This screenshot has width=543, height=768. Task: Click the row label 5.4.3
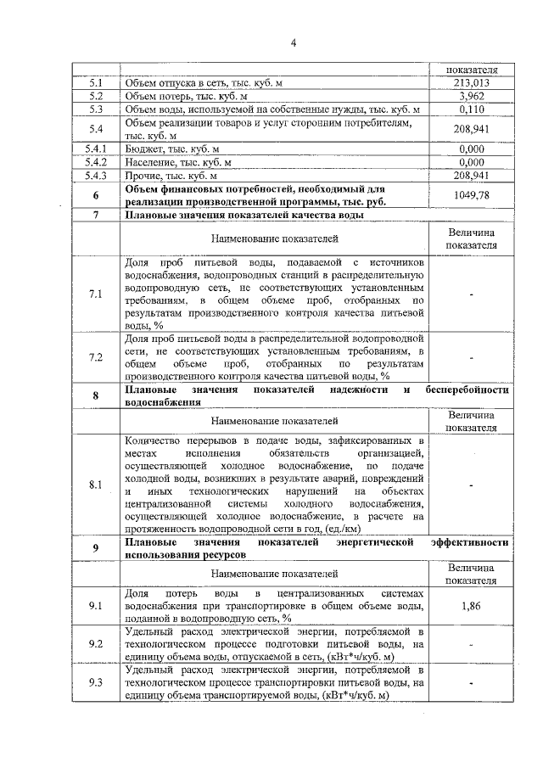[96, 175]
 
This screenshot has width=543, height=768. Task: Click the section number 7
[96, 216]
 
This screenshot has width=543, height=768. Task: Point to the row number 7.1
[96, 294]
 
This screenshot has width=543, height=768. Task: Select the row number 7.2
[96, 356]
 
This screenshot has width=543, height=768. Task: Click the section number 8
[96, 396]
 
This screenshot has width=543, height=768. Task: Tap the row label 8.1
[96, 485]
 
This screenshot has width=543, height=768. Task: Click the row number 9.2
[96, 645]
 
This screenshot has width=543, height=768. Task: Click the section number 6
[96, 195]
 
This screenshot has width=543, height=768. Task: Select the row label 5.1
[96, 83]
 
